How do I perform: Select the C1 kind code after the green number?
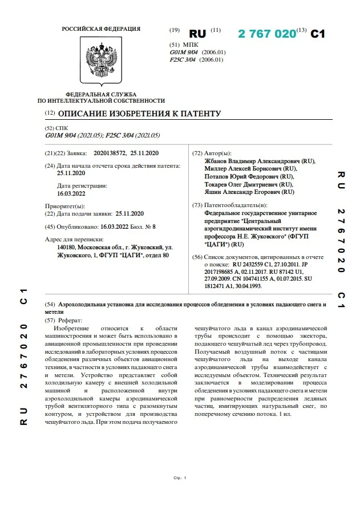click(x=317, y=34)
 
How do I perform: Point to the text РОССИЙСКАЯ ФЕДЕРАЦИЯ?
click(x=101, y=29)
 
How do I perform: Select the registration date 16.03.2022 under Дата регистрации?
click(x=71, y=194)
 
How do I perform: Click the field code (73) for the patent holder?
click(x=197, y=205)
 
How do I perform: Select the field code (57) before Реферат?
click(x=50, y=321)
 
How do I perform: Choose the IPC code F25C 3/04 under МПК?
click(x=183, y=59)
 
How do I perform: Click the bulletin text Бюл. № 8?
click(x=143, y=227)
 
